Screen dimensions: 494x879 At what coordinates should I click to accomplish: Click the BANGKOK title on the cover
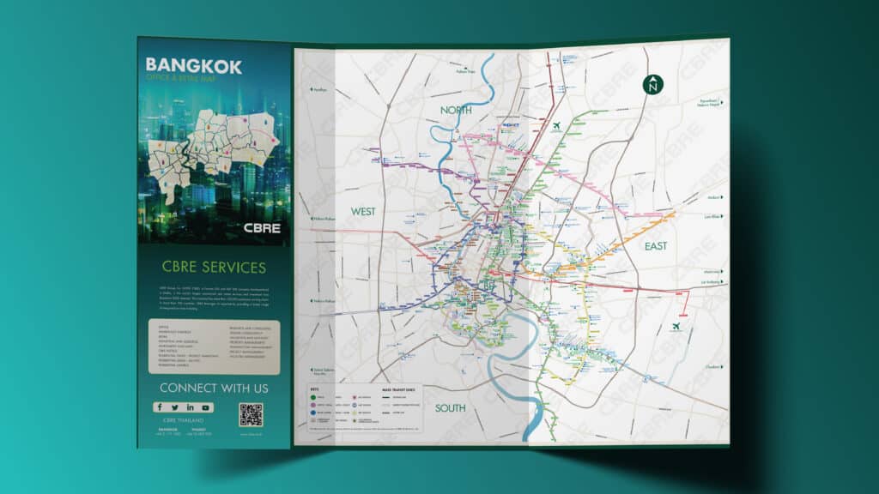click(x=194, y=65)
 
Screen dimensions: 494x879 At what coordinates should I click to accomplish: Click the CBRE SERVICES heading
click(x=213, y=268)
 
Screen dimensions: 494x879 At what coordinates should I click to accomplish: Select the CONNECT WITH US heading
click(x=213, y=389)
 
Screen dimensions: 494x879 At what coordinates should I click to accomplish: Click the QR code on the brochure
click(x=251, y=415)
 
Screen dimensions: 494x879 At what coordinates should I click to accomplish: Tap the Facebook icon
click(x=159, y=407)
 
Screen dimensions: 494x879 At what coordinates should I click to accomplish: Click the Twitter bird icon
click(x=174, y=407)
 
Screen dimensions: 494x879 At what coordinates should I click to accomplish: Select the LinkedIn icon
click(x=191, y=407)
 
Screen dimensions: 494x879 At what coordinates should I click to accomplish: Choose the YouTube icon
click(x=207, y=407)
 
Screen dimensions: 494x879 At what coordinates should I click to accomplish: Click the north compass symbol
click(x=653, y=84)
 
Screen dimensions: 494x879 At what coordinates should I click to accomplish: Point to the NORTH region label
click(x=457, y=111)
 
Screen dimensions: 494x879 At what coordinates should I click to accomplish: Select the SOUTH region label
click(x=450, y=408)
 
